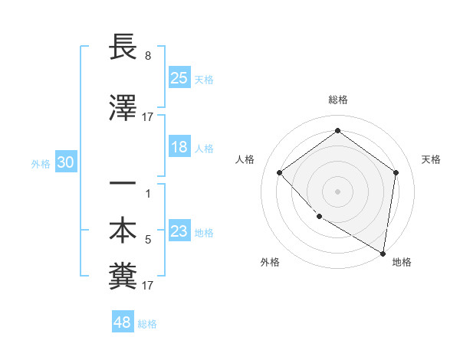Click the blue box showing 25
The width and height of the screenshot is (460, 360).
click(179, 77)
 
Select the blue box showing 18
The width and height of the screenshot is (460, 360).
click(179, 147)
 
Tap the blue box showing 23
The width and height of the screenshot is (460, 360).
click(179, 231)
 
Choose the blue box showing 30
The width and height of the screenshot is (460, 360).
click(65, 162)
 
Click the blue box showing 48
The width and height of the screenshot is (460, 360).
click(123, 322)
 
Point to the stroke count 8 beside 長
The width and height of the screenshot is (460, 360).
click(148, 57)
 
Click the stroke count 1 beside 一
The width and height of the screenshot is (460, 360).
click(148, 194)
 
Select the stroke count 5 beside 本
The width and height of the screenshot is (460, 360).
click(148, 240)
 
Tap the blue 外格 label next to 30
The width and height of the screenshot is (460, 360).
click(41, 163)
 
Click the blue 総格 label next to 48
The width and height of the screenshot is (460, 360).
click(147, 324)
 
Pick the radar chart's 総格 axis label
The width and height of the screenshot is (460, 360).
click(337, 100)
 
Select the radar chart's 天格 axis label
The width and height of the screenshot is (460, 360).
click(431, 159)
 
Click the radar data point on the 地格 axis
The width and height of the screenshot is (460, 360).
click(383, 253)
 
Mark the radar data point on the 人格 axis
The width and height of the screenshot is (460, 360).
click(280, 173)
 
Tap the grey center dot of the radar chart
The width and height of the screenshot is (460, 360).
click(337, 191)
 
